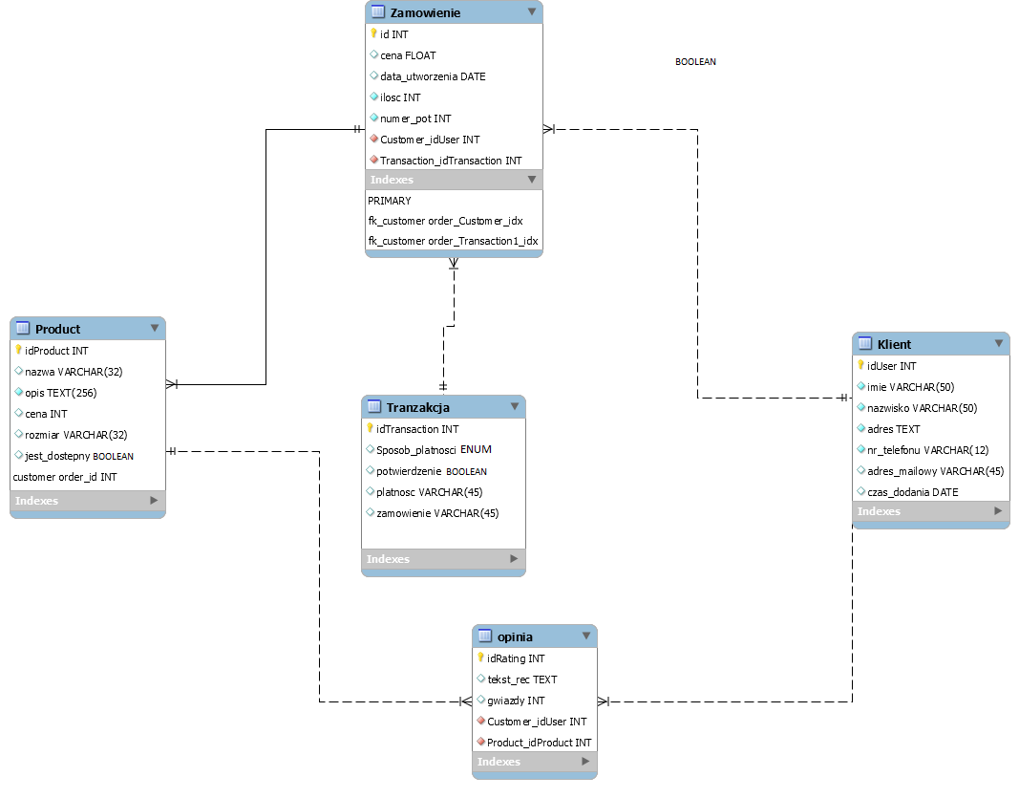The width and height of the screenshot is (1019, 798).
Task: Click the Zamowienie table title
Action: pyautogui.click(x=425, y=12)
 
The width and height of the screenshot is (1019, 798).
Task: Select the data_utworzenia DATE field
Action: pyautogui.click(x=432, y=76)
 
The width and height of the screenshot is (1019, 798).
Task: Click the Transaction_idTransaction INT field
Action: pyautogui.click(x=450, y=161)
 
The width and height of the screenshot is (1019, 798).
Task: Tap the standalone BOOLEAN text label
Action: pyautogui.click(x=695, y=62)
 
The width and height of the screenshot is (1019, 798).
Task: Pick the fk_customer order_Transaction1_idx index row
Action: pyautogui.click(x=453, y=241)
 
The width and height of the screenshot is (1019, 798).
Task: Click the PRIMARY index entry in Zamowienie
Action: pyautogui.click(x=390, y=201)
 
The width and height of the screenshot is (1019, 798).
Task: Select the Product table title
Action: pyautogui.click(x=57, y=329)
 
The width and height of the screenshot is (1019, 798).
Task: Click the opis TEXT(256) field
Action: pyautogui.click(x=60, y=393)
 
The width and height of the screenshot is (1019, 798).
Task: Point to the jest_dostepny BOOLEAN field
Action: pyautogui.click(x=78, y=456)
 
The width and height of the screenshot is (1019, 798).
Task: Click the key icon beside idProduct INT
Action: pyautogui.click(x=18, y=350)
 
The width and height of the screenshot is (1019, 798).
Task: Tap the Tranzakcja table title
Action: pyautogui.click(x=417, y=407)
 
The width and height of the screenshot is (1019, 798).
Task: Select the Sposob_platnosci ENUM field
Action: pyautogui.click(x=434, y=449)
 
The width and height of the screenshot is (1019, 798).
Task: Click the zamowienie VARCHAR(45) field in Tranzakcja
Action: pyautogui.click(x=436, y=513)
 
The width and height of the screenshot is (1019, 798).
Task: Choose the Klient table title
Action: pyautogui.click(x=894, y=344)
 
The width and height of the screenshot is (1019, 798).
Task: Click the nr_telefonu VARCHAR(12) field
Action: pyautogui.click(x=914, y=450)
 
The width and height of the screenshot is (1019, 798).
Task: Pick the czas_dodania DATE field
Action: pyautogui.click(x=912, y=492)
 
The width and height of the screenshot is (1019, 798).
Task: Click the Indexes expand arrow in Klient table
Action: pyautogui.click(x=996, y=511)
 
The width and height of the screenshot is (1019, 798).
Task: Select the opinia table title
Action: pyautogui.click(x=515, y=636)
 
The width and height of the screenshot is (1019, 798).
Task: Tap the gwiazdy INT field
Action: pyautogui.click(x=516, y=701)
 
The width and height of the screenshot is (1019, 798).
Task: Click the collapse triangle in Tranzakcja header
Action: pyautogui.click(x=514, y=407)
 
